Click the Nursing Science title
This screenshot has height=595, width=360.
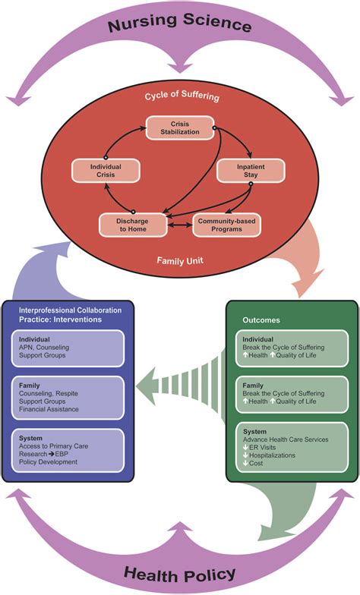(x=179, y=24)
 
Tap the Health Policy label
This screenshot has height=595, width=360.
(x=180, y=572)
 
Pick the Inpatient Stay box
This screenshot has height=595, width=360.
(x=242, y=170)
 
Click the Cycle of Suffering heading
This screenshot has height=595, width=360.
(x=179, y=96)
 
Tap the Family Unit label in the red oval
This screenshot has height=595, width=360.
(x=180, y=260)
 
